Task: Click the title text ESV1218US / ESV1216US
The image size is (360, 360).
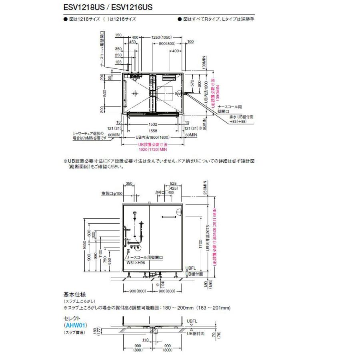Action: pos(108,7)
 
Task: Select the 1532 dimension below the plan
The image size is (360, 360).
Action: pos(154,124)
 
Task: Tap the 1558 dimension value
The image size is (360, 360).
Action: pos(154,131)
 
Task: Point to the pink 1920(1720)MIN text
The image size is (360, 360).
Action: pos(153,149)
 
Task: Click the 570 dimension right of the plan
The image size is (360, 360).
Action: pos(193,84)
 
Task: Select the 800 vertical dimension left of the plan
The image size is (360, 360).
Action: pos(105,93)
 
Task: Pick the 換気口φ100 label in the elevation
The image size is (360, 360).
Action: pos(112,194)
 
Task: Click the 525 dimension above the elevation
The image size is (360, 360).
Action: pos(173,184)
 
